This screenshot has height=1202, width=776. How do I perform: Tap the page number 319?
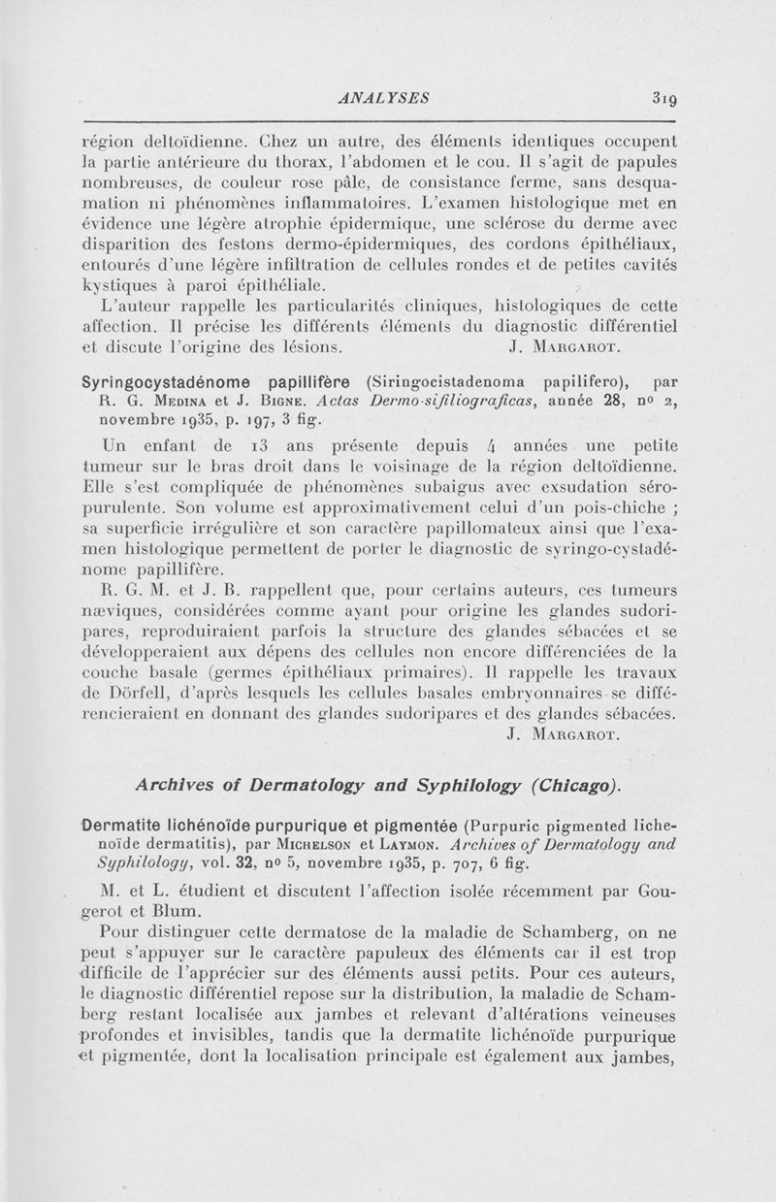(x=669, y=96)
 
